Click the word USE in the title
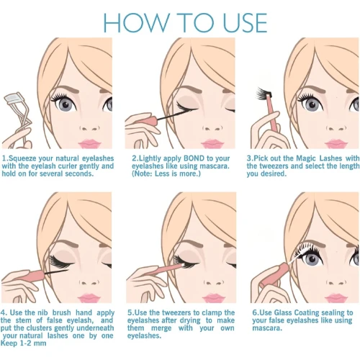click(245, 23)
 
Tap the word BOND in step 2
click(194, 158)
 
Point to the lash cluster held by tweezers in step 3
click(264, 93)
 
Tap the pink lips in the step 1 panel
click(89, 144)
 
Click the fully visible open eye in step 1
click(66, 104)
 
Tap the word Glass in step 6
click(283, 312)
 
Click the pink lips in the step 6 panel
click(336, 298)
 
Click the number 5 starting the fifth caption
click(130, 312)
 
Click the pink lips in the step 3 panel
click(336, 144)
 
